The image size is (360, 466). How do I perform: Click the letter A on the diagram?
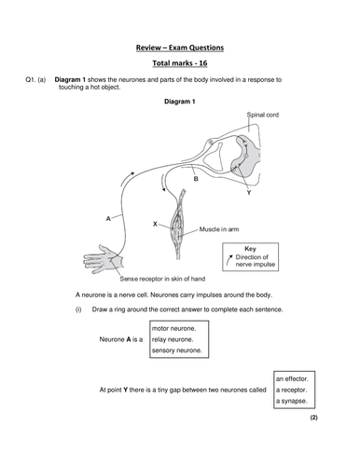[109, 218]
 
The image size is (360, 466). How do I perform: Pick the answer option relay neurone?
[173, 339]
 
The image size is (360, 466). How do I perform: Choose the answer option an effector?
[298, 378]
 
